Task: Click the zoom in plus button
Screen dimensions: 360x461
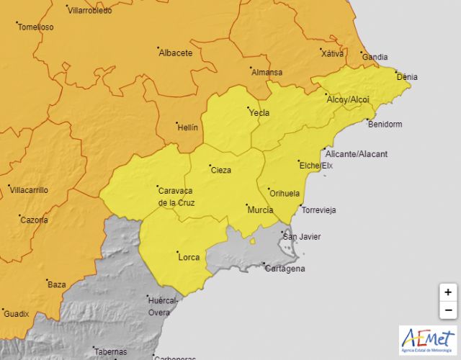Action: coord(447,292)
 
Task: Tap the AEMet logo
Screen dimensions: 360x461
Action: coord(428,341)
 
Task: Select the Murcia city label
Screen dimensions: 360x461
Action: coord(259,210)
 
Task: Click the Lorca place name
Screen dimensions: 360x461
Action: coord(188,256)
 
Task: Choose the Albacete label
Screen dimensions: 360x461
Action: coord(175,53)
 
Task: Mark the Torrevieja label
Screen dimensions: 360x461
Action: coord(318,210)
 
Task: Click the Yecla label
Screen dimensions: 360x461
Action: coord(259,113)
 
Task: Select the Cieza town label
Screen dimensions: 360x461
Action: coord(220,171)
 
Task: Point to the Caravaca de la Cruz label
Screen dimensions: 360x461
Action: coord(176,197)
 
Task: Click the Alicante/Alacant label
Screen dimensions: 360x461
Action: coord(357,154)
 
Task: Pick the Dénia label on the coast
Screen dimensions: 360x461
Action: coord(406,77)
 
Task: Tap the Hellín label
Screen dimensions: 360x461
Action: coord(187,127)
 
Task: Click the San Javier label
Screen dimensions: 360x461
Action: coord(301,237)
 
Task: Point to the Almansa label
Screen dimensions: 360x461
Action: coord(267,72)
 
